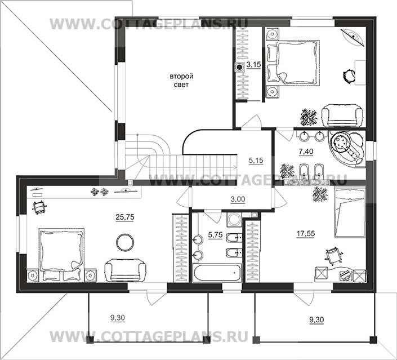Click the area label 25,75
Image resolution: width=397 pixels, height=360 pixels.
tap(125, 217)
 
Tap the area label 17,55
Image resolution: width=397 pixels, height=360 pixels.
tap(306, 234)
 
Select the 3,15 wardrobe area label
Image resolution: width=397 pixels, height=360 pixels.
tap(254, 65)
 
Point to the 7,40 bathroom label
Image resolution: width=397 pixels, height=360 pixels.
tap(306, 152)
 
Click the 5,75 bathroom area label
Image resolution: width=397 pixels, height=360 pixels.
tap(215, 235)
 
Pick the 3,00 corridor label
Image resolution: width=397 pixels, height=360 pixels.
tap(238, 199)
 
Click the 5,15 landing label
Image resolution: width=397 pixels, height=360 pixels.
tap(256, 161)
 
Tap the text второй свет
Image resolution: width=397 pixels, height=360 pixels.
tap(181, 81)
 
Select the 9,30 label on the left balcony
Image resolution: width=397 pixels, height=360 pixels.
tap(118, 318)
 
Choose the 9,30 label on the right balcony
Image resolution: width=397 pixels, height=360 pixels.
tap(316, 320)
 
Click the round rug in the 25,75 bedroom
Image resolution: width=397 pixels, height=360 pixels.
tap(125, 242)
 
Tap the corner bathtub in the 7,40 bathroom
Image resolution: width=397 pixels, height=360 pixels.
tap(347, 149)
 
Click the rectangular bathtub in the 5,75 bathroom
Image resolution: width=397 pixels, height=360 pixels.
tap(217, 273)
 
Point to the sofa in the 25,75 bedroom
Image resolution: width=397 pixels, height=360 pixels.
tap(126, 270)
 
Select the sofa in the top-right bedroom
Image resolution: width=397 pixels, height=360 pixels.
tap(342, 115)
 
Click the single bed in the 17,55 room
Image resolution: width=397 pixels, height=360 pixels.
tap(350, 212)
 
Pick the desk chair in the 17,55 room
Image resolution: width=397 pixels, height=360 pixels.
tap(333, 256)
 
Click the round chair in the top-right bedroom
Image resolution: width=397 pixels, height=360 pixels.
tap(349, 75)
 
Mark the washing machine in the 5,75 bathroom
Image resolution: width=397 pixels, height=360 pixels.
tap(234, 219)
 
